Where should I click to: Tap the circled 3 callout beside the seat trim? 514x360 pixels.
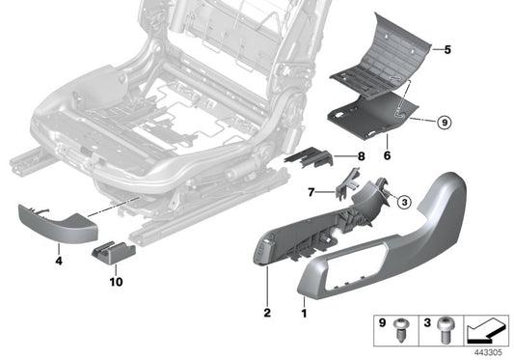pos(404,201)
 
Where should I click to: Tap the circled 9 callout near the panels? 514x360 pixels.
pos(443,124)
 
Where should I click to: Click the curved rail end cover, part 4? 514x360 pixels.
pos(58,224)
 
